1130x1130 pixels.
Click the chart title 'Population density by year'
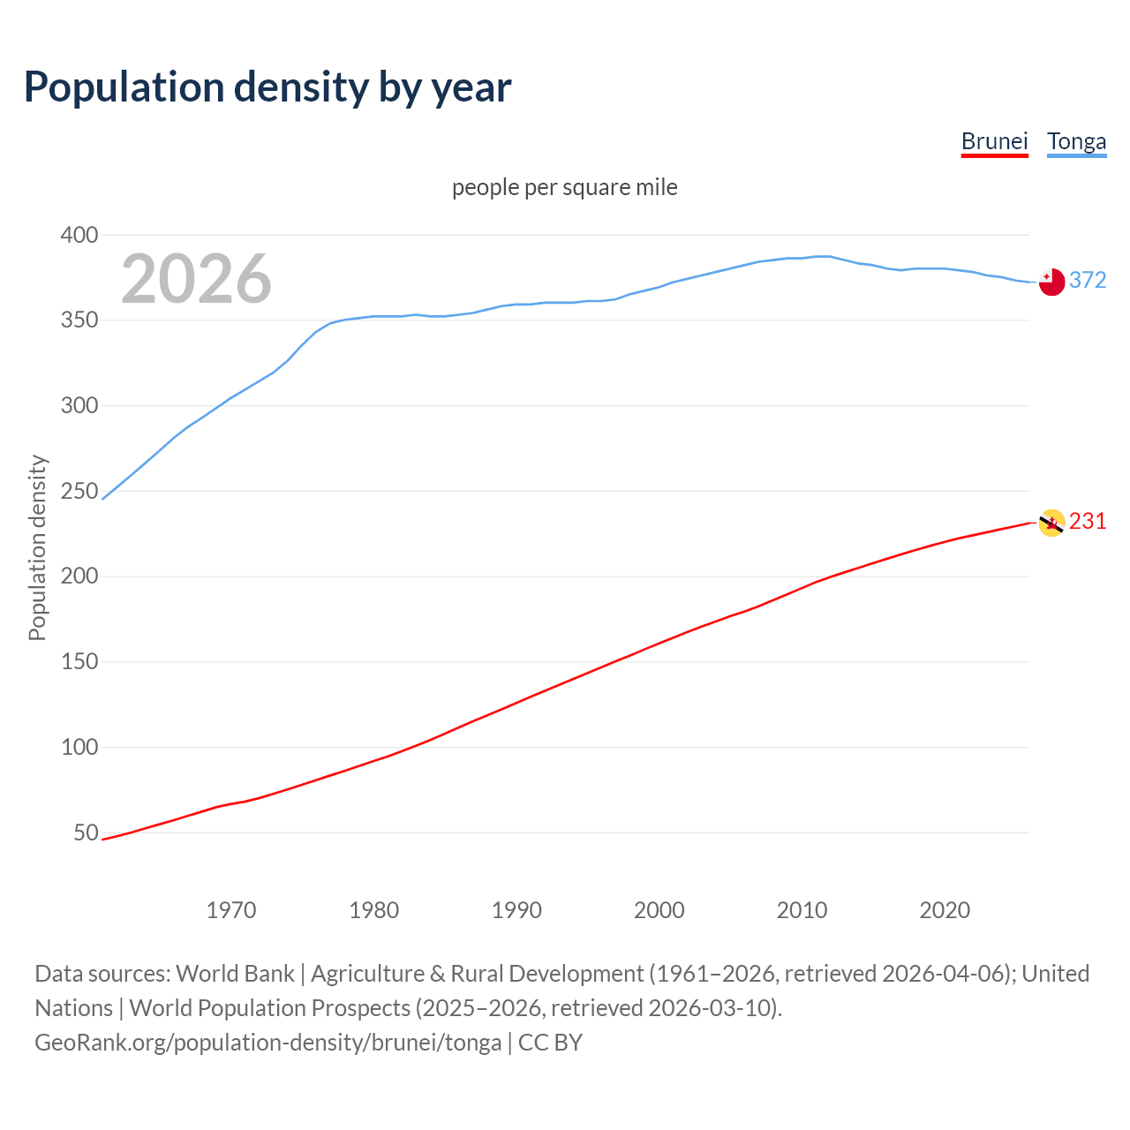[x=267, y=87]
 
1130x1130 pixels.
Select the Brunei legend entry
[x=994, y=141]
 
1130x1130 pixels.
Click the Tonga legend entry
[x=1076, y=141]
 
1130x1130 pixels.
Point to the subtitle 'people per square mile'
[x=565, y=187]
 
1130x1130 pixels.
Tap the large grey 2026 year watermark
[x=196, y=279]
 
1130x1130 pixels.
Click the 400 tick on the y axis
[x=79, y=235]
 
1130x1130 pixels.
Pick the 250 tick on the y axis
[x=79, y=491]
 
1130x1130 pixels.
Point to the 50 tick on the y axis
[x=86, y=832]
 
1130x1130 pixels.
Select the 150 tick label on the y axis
[x=79, y=661]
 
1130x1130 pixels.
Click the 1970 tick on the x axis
[x=231, y=910]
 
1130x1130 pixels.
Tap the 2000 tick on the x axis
[x=659, y=910]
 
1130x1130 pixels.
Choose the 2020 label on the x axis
[x=945, y=910]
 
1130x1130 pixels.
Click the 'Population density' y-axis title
[x=37, y=547]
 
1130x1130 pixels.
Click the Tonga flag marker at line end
[x=1051, y=282]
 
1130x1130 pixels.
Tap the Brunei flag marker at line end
[x=1051, y=523]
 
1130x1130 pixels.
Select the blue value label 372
[x=1088, y=280]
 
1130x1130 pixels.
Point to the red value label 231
[x=1088, y=521]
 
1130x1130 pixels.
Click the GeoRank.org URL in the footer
[x=267, y=1042]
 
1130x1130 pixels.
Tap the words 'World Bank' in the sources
[x=235, y=973]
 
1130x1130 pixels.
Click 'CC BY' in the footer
[x=550, y=1042]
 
